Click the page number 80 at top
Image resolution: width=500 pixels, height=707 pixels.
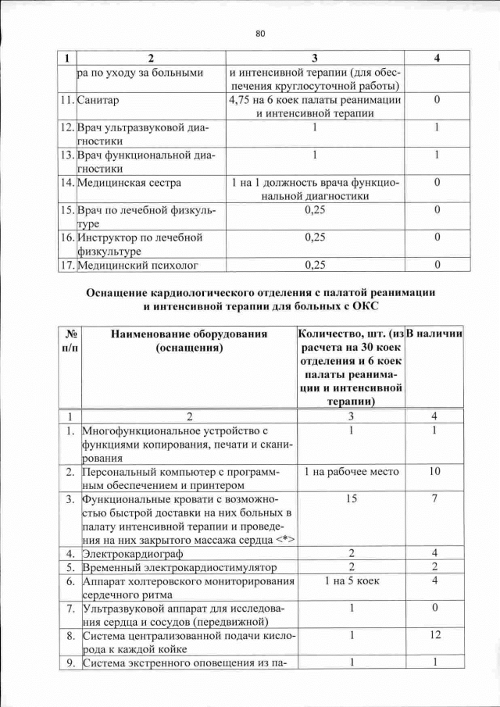(260, 33)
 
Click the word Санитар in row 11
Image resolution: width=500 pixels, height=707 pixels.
(104, 101)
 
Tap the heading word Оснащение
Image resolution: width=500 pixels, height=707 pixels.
(121, 291)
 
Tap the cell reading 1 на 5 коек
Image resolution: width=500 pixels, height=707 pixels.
(352, 581)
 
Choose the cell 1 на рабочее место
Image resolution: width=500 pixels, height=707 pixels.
(352, 471)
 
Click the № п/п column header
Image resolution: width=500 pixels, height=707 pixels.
(70, 341)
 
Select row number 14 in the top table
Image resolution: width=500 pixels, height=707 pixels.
(67, 183)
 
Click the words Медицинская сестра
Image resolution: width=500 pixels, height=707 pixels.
(130, 183)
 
